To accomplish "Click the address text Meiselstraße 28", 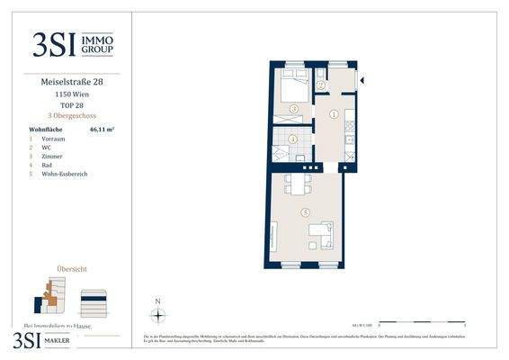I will (x=72, y=83).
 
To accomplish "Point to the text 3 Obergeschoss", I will (x=72, y=116).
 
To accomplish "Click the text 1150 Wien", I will (x=72, y=94).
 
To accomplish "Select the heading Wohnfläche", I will (x=46, y=130).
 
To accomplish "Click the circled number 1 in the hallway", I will (x=334, y=114).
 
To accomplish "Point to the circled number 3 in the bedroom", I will (x=293, y=109).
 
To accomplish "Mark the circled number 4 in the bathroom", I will (x=294, y=139).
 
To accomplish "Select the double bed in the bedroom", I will (x=293, y=88).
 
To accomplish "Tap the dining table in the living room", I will (x=298, y=184).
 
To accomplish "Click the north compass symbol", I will (x=158, y=315).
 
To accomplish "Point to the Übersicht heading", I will (x=72, y=269).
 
